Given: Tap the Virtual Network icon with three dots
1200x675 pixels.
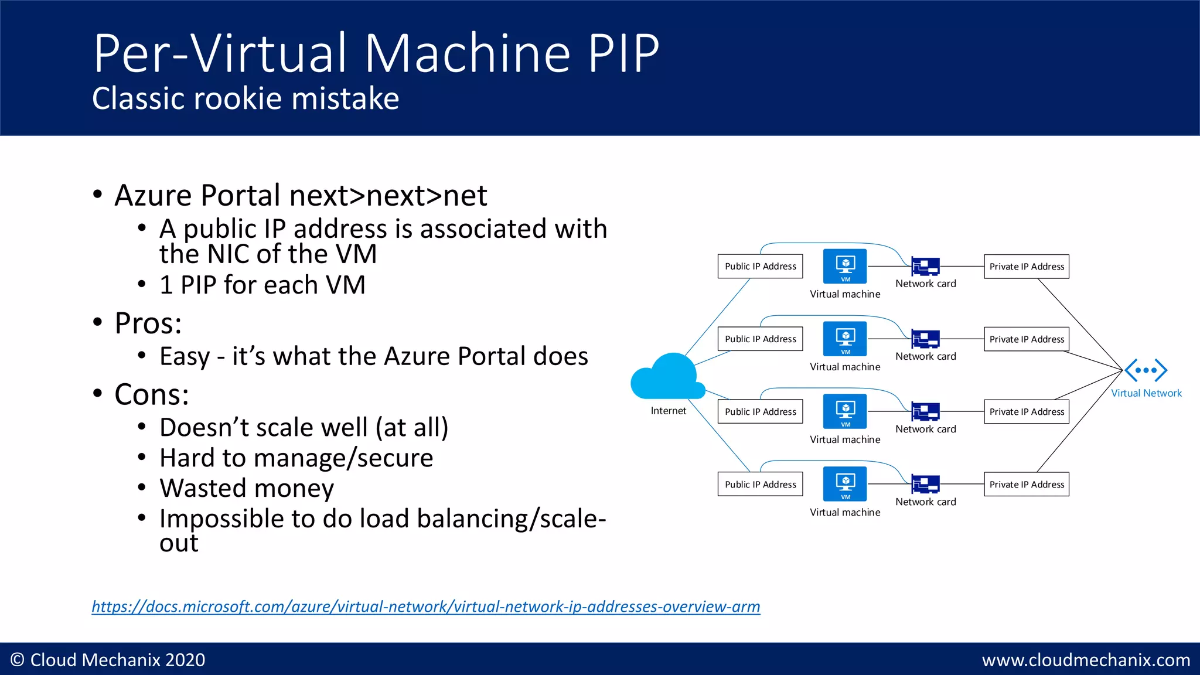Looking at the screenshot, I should click(x=1146, y=370).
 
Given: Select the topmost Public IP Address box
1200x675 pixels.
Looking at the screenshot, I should click(x=760, y=266).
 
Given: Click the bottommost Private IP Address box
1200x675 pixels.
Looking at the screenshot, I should click(x=1026, y=484).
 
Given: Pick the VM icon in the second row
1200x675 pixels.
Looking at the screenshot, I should click(x=844, y=339).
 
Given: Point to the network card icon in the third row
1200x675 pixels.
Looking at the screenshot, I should click(x=925, y=411).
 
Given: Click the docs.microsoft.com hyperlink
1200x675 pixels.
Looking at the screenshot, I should click(x=426, y=606).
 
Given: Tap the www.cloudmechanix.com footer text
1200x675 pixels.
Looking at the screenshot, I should click(x=1086, y=660).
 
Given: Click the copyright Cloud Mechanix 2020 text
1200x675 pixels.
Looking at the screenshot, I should click(x=108, y=660).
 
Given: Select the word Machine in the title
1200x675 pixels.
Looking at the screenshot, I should click(x=468, y=53).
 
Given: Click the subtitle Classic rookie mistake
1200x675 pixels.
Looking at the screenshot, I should click(x=246, y=98).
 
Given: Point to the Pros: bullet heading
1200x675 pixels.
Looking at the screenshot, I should click(x=148, y=323).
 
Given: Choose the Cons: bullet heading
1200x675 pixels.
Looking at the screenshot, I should click(x=152, y=394).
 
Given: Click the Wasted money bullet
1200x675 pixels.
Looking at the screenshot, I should click(x=247, y=488).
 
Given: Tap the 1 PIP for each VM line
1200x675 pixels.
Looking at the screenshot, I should click(x=262, y=285).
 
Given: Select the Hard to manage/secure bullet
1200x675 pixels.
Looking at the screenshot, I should click(x=296, y=458).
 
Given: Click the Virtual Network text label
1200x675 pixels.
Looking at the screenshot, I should click(x=1146, y=393).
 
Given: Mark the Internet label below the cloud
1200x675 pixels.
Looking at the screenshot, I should click(x=668, y=411).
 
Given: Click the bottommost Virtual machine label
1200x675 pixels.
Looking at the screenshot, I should click(x=844, y=512).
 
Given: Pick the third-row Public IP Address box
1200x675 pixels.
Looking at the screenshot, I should click(x=760, y=411).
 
